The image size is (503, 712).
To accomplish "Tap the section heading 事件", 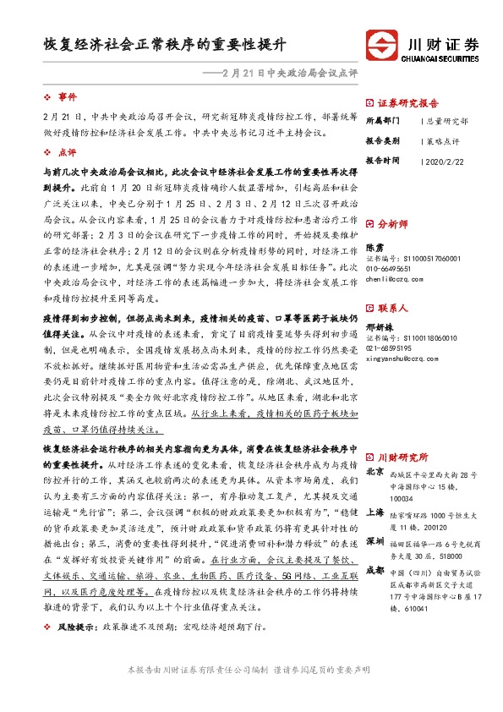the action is pos(68,97).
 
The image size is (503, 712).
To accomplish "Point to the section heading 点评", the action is pos(68,152).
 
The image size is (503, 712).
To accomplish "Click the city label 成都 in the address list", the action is pos(375,547).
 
